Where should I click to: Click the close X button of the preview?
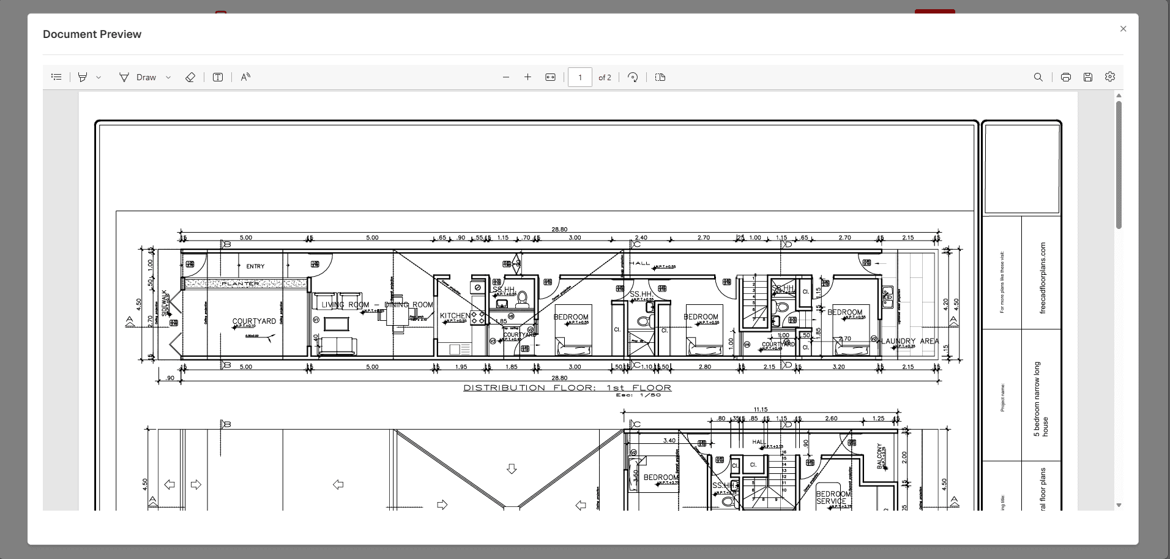coord(1123,29)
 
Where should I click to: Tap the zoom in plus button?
coord(527,77)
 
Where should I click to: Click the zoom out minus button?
coord(506,77)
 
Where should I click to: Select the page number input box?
coord(579,77)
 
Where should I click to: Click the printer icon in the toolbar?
coord(1066,77)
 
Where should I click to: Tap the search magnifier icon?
coord(1038,77)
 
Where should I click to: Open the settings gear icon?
coord(1110,77)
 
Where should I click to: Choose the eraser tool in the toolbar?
coord(190,77)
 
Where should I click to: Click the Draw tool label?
coord(146,77)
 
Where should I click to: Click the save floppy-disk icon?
coord(1088,77)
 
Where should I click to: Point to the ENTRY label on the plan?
coord(255,266)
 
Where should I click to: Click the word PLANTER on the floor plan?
coord(240,284)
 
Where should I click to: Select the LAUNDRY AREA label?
coord(910,341)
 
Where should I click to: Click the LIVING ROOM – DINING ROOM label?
coord(377,304)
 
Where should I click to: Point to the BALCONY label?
coord(880,456)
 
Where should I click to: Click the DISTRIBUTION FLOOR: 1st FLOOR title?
coord(567,388)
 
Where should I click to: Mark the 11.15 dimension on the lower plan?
coord(761,410)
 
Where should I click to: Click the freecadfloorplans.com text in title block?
coord(1043,278)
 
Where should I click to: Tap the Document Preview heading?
coord(92,34)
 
